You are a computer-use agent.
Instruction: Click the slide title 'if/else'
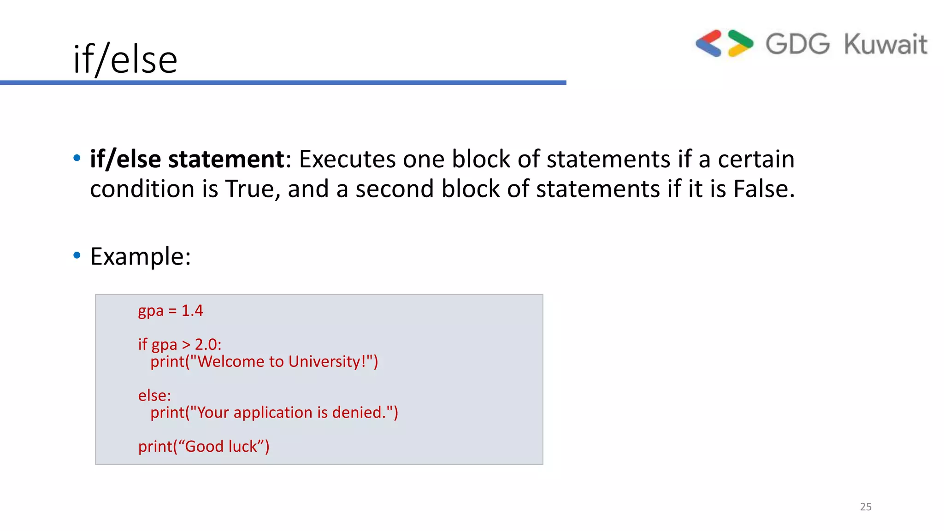tap(125, 59)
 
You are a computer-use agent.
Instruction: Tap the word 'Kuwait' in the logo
tap(885, 45)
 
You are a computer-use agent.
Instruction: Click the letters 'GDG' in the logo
tap(797, 44)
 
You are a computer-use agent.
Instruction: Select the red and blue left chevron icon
tap(709, 43)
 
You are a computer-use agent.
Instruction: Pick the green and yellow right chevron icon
tap(740, 43)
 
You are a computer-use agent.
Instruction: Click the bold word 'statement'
tap(226, 159)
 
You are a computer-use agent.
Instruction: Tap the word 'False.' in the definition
tap(764, 189)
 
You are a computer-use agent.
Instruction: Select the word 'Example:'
tap(141, 256)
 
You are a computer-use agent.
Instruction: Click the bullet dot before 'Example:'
tap(77, 255)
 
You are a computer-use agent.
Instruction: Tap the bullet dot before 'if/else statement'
tap(77, 158)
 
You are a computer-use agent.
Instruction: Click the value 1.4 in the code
tap(192, 311)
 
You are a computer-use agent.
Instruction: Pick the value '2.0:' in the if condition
tap(208, 344)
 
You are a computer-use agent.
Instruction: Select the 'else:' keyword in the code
tap(154, 395)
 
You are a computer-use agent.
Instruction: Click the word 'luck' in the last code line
tap(243, 446)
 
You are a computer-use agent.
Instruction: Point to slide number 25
tap(866, 507)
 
